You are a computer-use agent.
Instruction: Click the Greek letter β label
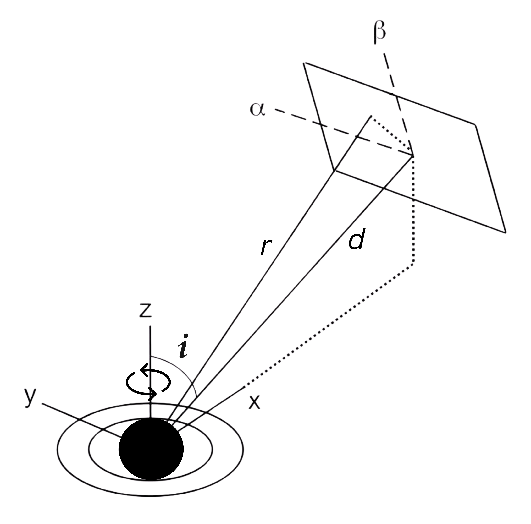380,34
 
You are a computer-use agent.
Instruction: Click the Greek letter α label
257,109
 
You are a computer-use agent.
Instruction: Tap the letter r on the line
266,247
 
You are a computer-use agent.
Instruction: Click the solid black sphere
151,449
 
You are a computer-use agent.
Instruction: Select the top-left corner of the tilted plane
304,63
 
